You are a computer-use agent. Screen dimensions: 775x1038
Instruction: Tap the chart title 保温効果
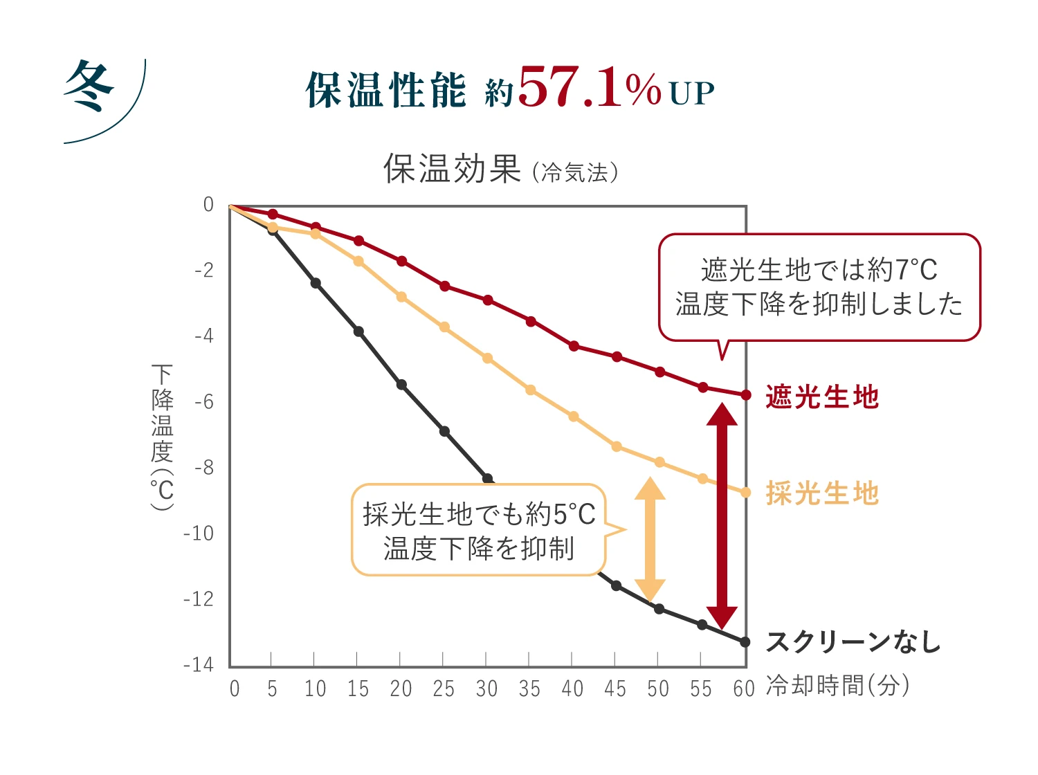click(452, 168)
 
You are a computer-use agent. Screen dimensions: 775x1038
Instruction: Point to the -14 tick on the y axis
click(199, 665)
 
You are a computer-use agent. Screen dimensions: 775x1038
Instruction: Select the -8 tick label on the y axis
click(204, 468)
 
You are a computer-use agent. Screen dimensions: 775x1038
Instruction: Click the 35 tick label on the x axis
click(529, 689)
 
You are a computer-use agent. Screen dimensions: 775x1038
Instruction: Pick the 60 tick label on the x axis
click(744, 689)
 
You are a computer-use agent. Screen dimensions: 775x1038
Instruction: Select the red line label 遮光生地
click(822, 397)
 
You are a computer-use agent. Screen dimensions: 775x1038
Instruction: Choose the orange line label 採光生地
click(822, 494)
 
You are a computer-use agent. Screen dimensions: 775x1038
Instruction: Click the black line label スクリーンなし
click(854, 642)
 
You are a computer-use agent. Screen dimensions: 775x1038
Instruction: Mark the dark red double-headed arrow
click(722, 516)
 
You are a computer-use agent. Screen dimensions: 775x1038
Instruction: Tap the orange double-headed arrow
click(650, 540)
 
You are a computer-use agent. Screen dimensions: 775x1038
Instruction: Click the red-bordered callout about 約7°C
click(819, 287)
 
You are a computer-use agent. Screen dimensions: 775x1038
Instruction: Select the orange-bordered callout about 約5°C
click(479, 530)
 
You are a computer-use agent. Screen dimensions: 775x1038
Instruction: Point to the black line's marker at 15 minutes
click(358, 331)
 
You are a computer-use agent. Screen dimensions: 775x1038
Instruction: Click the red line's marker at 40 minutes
click(574, 346)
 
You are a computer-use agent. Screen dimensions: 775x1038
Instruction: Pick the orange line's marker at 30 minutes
click(488, 358)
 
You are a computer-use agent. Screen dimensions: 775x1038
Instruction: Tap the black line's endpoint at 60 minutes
click(745, 642)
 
